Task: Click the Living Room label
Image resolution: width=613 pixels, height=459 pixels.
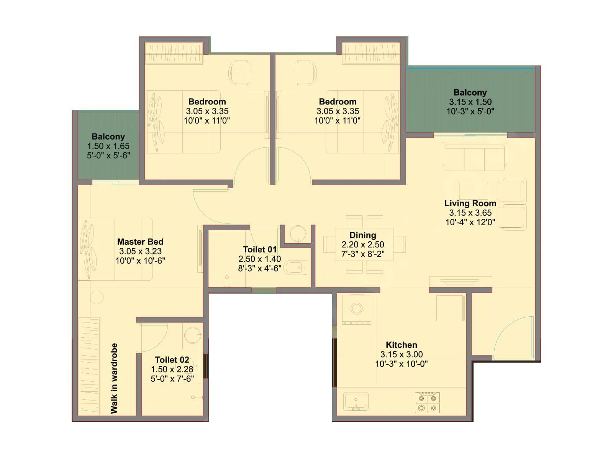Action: (x=470, y=203)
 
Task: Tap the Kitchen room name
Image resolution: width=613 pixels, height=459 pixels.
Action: (x=401, y=345)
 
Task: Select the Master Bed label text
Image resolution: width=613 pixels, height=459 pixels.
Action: (x=140, y=242)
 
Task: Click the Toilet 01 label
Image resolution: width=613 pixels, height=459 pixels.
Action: (x=259, y=249)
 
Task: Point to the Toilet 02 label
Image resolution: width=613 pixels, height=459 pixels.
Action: (x=172, y=360)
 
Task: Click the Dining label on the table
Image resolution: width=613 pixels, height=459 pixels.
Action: (x=362, y=235)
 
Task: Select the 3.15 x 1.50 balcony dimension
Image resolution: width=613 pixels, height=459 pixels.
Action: (x=470, y=102)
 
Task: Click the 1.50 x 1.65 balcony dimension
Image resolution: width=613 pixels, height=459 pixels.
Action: (x=108, y=146)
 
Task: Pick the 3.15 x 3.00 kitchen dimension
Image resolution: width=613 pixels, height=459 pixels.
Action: (x=401, y=354)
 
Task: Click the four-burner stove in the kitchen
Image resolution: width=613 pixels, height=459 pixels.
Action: (x=427, y=402)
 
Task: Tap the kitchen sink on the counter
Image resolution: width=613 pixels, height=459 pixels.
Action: (x=356, y=401)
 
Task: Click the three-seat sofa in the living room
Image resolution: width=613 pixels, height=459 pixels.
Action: (x=474, y=157)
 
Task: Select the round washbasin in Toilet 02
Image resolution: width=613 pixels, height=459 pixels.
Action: (x=193, y=335)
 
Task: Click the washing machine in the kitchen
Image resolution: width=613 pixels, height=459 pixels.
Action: (x=356, y=309)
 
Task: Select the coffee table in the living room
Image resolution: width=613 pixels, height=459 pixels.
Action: (x=474, y=191)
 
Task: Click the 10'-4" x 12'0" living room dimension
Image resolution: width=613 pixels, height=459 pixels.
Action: (x=470, y=222)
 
